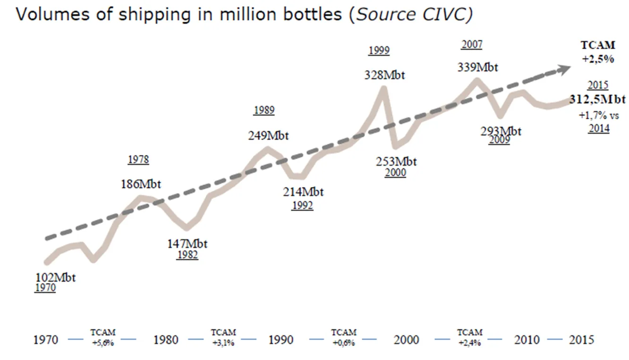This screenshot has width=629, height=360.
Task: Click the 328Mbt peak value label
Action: (x=384, y=75)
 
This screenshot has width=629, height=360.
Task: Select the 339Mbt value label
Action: (x=477, y=67)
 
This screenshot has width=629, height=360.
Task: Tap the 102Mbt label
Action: (x=55, y=277)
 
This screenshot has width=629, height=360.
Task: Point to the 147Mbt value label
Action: (x=187, y=244)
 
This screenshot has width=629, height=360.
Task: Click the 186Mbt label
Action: (x=141, y=184)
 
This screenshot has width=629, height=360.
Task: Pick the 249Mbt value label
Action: (x=268, y=136)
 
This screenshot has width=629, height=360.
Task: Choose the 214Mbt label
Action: (x=303, y=192)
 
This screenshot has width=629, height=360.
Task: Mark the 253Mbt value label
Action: (x=396, y=162)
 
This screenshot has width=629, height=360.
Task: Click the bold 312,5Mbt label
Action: (x=597, y=100)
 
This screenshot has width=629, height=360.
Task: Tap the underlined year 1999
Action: (x=379, y=50)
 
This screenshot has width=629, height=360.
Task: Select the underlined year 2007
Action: (x=472, y=44)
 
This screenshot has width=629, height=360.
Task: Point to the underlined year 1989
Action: (x=264, y=110)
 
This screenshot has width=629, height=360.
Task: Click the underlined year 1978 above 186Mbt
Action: (x=138, y=160)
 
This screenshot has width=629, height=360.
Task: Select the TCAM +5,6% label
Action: (x=103, y=338)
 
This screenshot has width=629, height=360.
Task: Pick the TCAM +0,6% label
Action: (x=344, y=338)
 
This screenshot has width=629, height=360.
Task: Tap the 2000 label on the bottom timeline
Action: (x=406, y=340)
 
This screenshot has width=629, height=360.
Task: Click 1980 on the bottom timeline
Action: (x=166, y=340)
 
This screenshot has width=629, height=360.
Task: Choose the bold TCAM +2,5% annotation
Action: (x=598, y=51)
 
